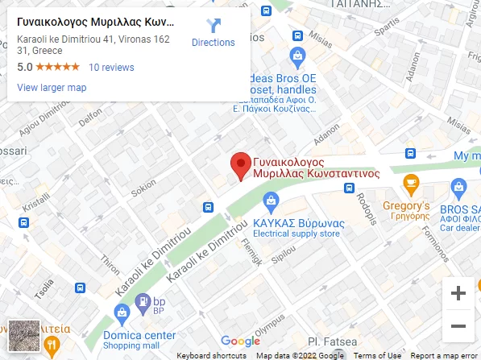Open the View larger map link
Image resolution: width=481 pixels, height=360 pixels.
[x=52, y=88]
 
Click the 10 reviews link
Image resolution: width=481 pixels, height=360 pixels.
[x=111, y=68]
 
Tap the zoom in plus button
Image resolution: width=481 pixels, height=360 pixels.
[x=458, y=293]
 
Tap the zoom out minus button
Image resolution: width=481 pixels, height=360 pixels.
[x=458, y=326]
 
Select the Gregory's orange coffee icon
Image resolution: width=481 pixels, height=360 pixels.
[x=411, y=184]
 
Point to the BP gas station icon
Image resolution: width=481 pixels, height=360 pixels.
[x=143, y=304]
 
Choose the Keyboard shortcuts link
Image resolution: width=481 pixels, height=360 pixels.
[x=212, y=355]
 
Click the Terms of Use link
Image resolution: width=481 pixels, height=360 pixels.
[x=377, y=355]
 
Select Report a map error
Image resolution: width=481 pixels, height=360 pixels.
[x=443, y=355]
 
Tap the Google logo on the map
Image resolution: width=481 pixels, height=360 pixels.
[x=240, y=341]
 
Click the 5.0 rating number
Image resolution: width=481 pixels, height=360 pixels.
[x=24, y=68]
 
